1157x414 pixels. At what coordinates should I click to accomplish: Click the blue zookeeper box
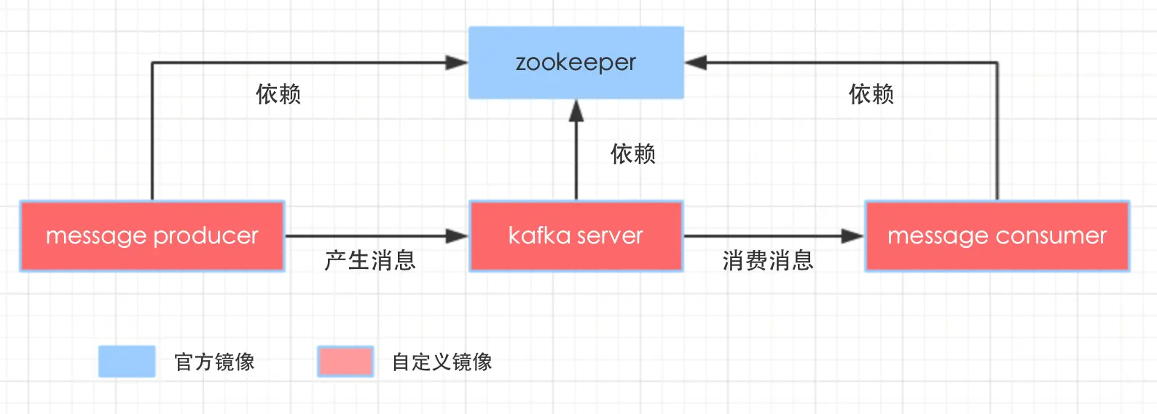(x=576, y=63)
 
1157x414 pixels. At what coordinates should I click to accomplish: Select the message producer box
(x=152, y=236)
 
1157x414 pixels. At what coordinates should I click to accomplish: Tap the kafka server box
(x=576, y=236)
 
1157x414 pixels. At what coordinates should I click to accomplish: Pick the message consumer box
(x=997, y=236)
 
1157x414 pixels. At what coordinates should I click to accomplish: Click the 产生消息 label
(x=370, y=260)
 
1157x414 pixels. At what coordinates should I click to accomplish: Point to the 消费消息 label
(x=768, y=260)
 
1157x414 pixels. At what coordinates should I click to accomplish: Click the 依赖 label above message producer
(x=278, y=94)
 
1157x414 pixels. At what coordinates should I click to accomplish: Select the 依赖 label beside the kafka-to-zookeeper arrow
(x=633, y=154)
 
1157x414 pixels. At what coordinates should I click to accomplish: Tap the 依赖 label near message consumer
(x=871, y=94)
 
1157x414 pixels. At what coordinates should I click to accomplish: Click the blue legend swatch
(x=127, y=362)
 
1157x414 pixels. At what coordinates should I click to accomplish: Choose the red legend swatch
(x=345, y=362)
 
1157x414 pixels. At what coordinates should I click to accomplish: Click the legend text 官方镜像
(x=214, y=362)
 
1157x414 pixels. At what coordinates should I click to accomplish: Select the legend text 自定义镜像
(x=442, y=362)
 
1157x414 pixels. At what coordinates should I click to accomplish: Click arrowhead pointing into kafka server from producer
(x=458, y=236)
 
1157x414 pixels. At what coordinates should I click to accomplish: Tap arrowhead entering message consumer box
(x=852, y=236)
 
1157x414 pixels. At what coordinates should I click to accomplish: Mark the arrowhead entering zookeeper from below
(x=576, y=111)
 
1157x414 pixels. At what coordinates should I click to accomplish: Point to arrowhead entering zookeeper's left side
(x=457, y=63)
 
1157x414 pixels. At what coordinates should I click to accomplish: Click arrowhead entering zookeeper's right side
(x=696, y=63)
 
